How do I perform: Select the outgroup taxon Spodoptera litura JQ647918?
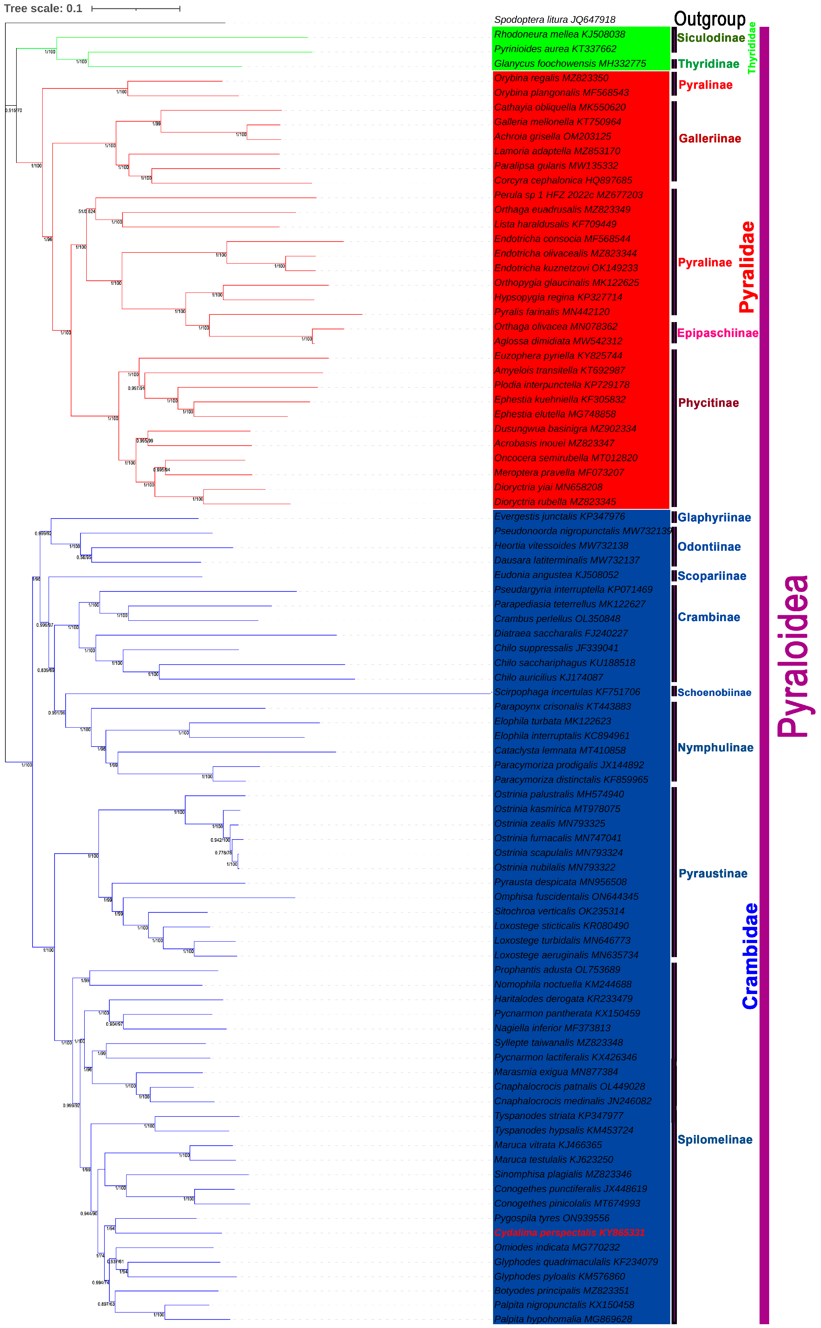pyautogui.click(x=554, y=19)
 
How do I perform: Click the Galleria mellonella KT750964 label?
pyautogui.click(x=557, y=122)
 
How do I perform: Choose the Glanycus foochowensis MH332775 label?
pyautogui.click(x=570, y=64)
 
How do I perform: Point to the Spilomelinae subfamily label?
pyautogui.click(x=715, y=1140)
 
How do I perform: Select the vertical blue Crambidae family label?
pyautogui.click(x=750, y=956)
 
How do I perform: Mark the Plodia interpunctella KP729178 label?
pyautogui.click(x=562, y=385)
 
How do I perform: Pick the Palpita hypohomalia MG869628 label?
pyautogui.click(x=563, y=1319)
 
